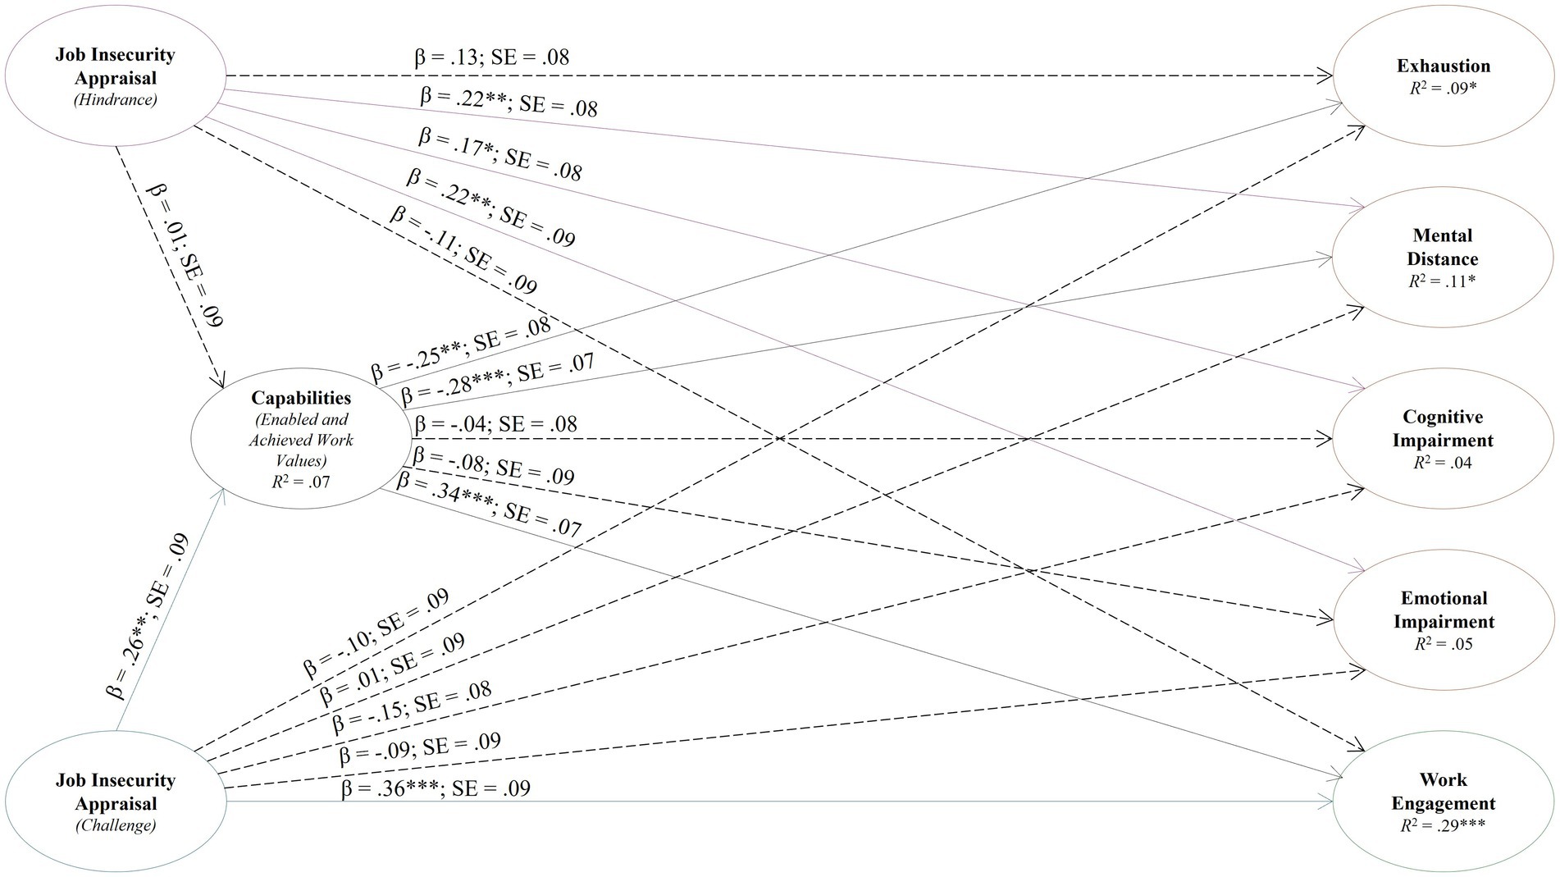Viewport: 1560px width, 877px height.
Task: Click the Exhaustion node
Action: pyautogui.click(x=1443, y=76)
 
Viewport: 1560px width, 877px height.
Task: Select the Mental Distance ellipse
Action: pyautogui.click(x=1443, y=258)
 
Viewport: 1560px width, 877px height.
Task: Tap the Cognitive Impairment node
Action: pyautogui.click(x=1443, y=439)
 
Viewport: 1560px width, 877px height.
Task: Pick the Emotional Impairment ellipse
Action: pyautogui.click(x=1443, y=620)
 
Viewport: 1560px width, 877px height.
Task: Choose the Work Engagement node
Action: pyautogui.click(x=1443, y=802)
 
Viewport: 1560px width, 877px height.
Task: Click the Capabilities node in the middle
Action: pyautogui.click(x=301, y=438)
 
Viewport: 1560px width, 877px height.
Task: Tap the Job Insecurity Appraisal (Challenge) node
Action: pyautogui.click(x=116, y=802)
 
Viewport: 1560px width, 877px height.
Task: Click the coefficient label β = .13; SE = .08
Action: pyautogui.click(x=490, y=57)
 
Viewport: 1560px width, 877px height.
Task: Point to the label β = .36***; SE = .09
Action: pyautogui.click(x=436, y=788)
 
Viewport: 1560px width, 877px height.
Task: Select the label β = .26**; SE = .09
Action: pyautogui.click(x=149, y=615)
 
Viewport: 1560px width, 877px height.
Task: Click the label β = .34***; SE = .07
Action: pyautogui.click(x=489, y=504)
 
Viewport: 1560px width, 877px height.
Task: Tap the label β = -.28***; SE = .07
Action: pyautogui.click(x=498, y=379)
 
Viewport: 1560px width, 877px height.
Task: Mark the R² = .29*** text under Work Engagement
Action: pyautogui.click(x=1443, y=825)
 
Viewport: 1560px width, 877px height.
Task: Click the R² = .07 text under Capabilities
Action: pyautogui.click(x=301, y=481)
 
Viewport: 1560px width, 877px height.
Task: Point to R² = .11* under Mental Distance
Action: pyautogui.click(x=1443, y=281)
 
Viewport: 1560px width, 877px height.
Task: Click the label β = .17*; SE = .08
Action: pyautogui.click(x=500, y=153)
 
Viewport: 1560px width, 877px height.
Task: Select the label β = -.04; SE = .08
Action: pyautogui.click(x=495, y=424)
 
